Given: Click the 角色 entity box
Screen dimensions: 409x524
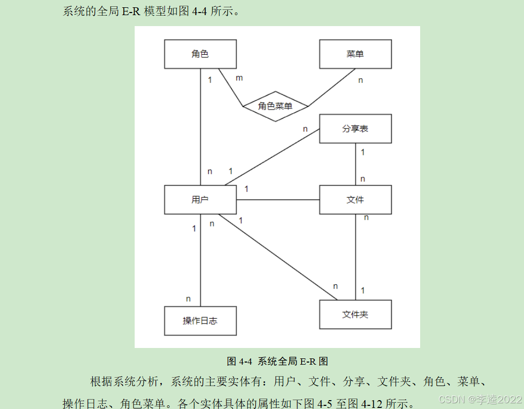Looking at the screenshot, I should click(200, 54).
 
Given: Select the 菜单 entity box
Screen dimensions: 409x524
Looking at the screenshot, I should click(355, 54).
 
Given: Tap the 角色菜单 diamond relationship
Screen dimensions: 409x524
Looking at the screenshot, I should click(275, 106).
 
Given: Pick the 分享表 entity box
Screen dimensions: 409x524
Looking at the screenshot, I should click(355, 129).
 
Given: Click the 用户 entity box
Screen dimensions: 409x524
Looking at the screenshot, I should click(200, 200).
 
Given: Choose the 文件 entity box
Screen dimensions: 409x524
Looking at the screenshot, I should click(355, 200).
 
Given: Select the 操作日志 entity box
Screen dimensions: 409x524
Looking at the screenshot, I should click(200, 321).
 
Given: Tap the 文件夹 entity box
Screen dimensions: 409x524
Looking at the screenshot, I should click(355, 315).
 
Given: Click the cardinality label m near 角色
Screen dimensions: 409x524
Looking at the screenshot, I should click(239, 78).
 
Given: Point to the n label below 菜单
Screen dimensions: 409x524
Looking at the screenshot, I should click(360, 80).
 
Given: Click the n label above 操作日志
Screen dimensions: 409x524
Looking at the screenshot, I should click(188, 299).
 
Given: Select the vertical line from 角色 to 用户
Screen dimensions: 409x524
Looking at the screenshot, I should click(201, 125).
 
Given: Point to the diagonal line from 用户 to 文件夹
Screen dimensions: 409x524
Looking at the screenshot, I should click(277, 257).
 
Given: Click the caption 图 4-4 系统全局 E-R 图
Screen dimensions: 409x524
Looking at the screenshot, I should click(277, 361).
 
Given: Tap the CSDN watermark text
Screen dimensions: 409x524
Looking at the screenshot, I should click(480, 399).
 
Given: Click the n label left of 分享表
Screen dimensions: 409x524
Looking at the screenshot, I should click(305, 129).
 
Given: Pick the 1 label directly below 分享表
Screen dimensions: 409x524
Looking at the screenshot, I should click(363, 152).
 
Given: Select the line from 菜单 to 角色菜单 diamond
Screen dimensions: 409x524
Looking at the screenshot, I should click(332, 88).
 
